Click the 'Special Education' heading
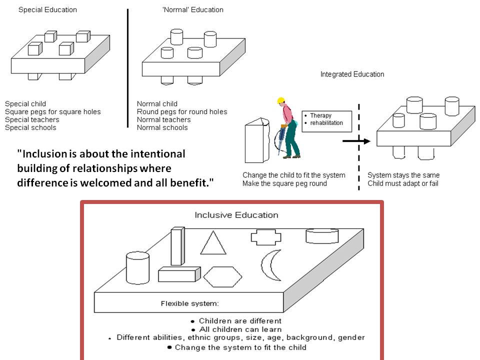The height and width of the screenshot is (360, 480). coord(47,10)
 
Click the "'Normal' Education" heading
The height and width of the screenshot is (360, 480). coord(193,10)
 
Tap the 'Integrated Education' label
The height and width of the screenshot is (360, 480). coord(352,74)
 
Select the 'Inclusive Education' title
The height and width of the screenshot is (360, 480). coord(236,215)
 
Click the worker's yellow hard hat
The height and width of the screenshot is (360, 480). coord(280,100)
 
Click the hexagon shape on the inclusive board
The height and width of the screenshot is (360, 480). coord(222,276)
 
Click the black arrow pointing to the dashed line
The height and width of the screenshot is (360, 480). coord(355,141)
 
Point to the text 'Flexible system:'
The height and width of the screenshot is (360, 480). coord(189,303)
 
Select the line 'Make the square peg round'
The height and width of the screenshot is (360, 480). coord(285,183)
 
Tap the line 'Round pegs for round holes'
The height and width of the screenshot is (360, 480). coord(182,112)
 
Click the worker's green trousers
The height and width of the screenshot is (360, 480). coord(292,145)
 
